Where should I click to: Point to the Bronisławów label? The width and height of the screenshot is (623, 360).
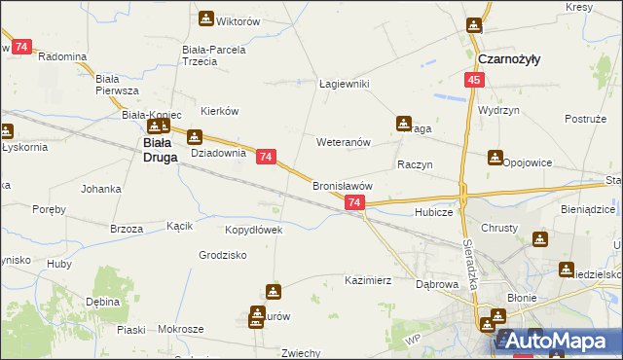343,185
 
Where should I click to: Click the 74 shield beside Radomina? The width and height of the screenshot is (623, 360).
21,47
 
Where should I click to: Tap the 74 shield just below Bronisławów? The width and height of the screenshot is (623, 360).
354,202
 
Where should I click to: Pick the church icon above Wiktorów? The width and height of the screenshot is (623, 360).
206,18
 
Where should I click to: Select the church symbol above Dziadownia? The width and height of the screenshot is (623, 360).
195,137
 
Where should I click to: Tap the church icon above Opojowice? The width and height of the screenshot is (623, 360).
496,157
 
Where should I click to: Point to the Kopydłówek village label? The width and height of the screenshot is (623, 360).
254,231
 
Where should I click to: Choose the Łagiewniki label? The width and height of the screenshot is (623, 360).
345,84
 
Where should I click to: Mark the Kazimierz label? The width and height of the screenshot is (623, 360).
368,279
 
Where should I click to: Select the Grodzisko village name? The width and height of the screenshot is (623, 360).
222,255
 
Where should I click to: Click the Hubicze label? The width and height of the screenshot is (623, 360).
434,211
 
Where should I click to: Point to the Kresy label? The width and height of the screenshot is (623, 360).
578,8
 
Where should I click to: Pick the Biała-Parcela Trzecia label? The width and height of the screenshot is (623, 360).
213,54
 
